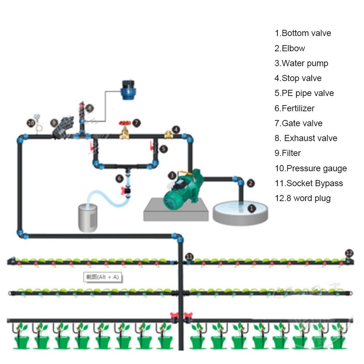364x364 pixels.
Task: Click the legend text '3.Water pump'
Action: tap(301, 63)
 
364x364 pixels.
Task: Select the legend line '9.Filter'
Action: tap(288, 153)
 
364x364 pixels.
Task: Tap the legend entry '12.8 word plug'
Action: tap(303, 198)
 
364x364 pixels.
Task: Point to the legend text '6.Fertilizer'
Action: tap(295, 108)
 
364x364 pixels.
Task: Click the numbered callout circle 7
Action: tap(136, 123)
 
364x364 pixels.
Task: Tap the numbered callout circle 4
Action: tap(176, 129)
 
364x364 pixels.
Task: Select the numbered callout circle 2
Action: tap(251, 183)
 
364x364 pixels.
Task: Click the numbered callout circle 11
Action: tap(189, 257)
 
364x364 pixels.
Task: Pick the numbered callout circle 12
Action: tap(349, 253)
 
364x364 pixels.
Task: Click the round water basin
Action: tap(240, 213)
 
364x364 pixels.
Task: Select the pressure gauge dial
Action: tap(37, 117)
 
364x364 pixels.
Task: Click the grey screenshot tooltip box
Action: tap(102, 277)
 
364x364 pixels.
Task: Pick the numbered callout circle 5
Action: tap(164, 149)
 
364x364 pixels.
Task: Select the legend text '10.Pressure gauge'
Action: tap(311, 168)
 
